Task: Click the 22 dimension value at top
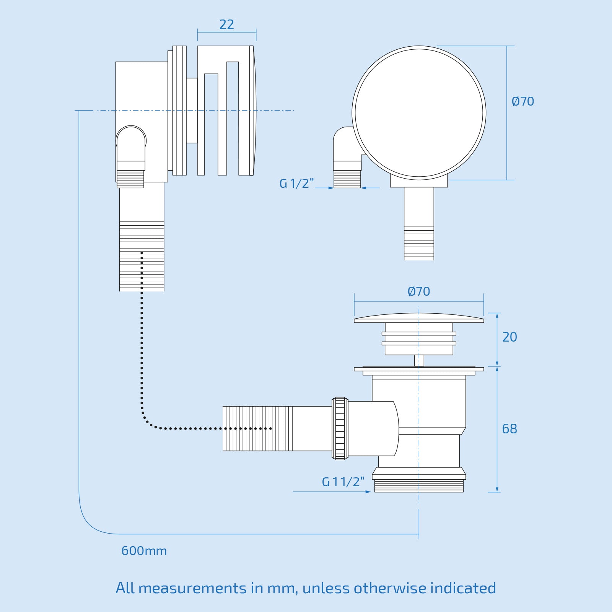click(226, 25)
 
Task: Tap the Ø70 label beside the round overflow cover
click(522, 101)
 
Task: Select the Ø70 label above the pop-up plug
click(419, 291)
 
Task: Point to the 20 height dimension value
click(509, 337)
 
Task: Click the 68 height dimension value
click(509, 429)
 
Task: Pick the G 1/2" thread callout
click(296, 184)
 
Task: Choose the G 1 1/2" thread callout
click(343, 482)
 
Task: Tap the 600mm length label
click(144, 551)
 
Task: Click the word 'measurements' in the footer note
click(192, 588)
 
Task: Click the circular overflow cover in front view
click(419, 113)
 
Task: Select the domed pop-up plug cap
click(419, 318)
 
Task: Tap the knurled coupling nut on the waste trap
click(340, 428)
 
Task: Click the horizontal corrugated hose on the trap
click(257, 428)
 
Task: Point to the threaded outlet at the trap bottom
click(419, 486)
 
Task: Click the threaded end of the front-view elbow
click(347, 179)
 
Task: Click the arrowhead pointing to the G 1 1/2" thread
click(368, 492)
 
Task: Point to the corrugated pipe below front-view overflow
click(419, 244)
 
